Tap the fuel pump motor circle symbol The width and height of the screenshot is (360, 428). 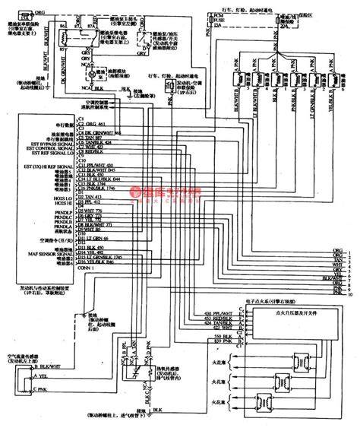coord(91,77)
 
